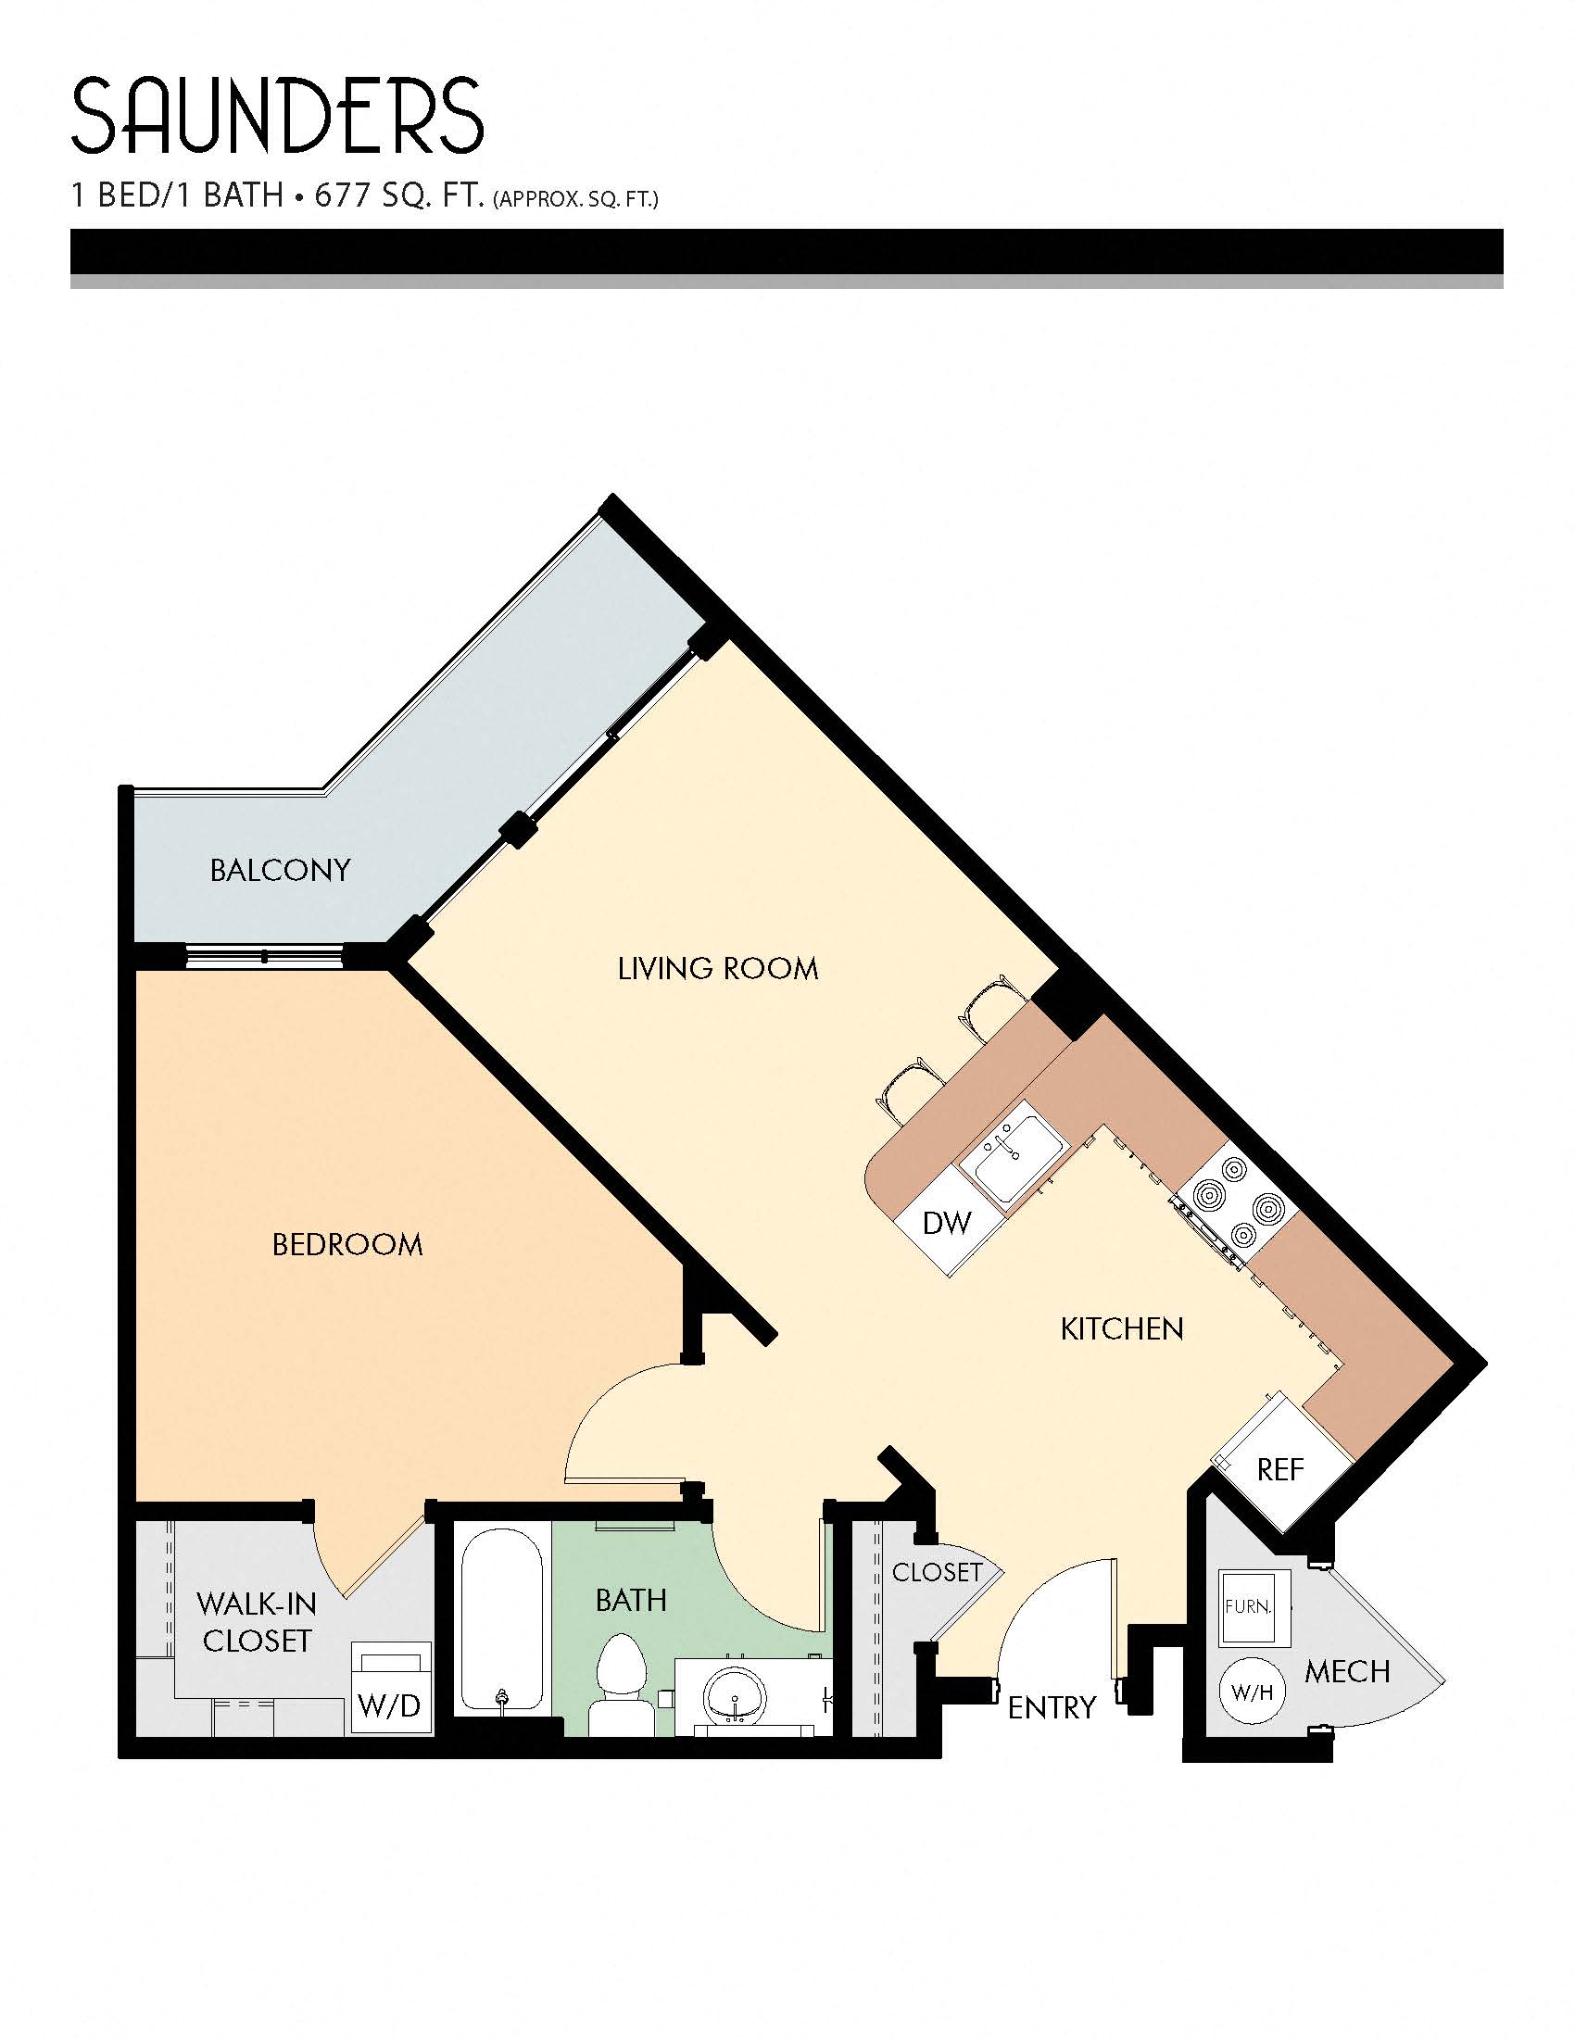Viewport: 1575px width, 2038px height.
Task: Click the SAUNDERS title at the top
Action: (277, 117)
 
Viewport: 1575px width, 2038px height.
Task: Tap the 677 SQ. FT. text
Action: (399, 196)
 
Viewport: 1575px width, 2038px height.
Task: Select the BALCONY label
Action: (280, 871)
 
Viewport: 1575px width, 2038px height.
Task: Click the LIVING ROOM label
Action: (717, 969)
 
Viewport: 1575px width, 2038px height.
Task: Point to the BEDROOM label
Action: (347, 1244)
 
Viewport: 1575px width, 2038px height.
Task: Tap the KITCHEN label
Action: (1122, 1328)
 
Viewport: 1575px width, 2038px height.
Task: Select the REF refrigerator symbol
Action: (1280, 1471)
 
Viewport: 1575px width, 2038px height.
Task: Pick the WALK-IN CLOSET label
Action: (257, 1622)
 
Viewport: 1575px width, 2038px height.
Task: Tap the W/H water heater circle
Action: (1253, 1691)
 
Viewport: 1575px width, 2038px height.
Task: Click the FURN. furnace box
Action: (1254, 1607)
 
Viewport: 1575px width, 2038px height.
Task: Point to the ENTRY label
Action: (1052, 1707)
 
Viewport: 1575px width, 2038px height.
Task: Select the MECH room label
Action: (1346, 1671)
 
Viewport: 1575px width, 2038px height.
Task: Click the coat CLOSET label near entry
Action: (937, 1572)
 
